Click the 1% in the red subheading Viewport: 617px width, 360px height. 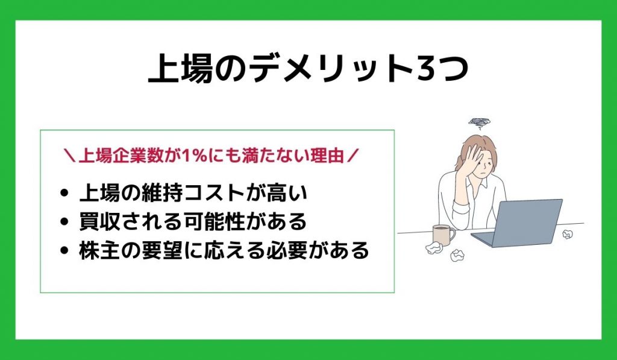(194, 156)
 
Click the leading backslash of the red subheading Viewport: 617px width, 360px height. (70, 156)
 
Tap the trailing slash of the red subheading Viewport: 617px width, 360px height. (352, 156)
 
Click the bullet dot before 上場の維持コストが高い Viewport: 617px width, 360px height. (64, 193)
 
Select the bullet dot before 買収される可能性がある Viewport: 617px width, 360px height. (64, 222)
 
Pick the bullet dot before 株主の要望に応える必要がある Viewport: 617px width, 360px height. (64, 251)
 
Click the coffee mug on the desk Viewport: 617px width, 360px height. (443, 235)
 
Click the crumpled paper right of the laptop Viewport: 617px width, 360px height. (567, 235)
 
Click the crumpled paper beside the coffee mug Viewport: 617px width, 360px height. (434, 248)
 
